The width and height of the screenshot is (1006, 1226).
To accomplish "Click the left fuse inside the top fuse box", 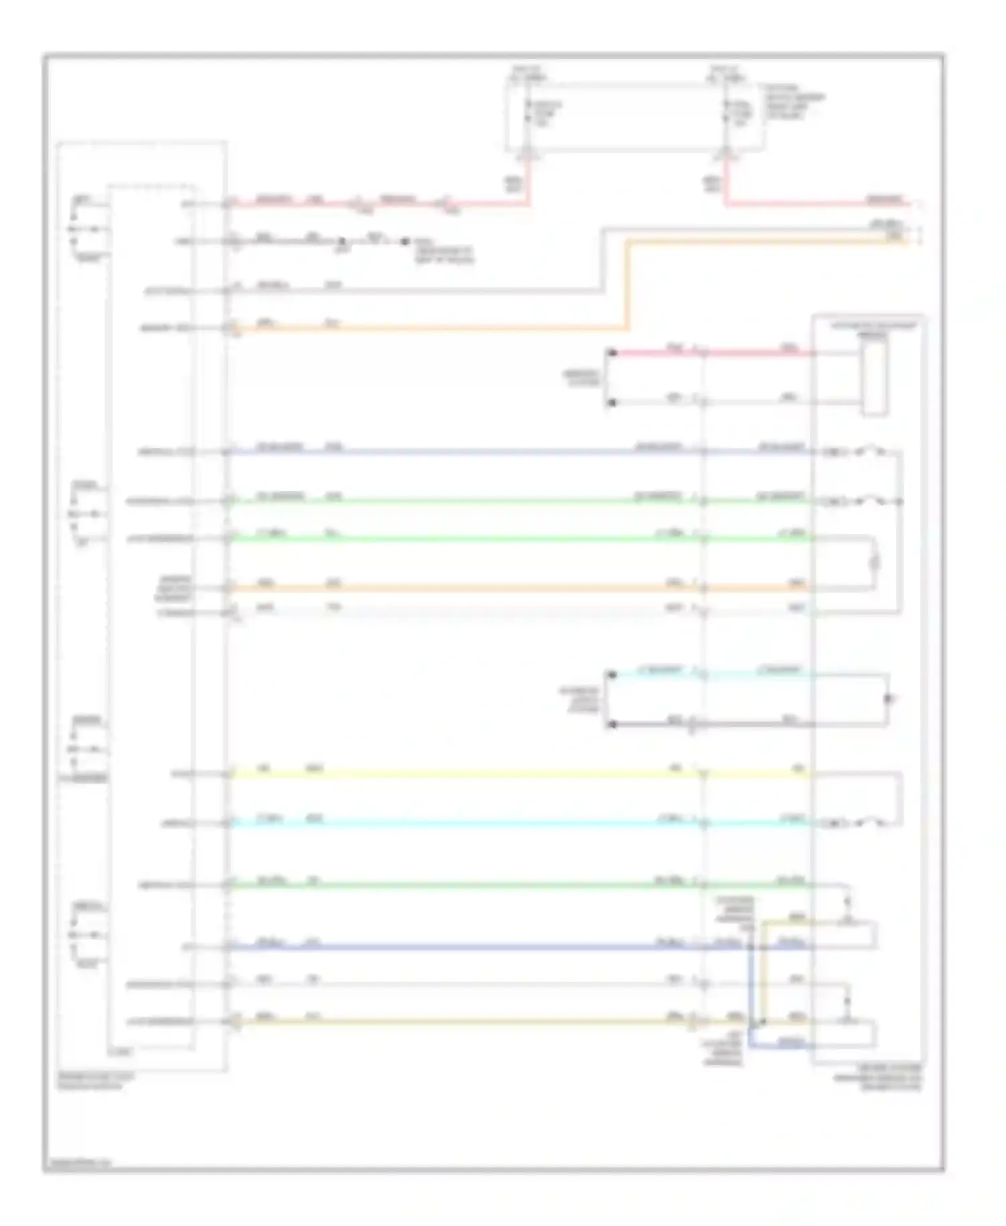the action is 529,114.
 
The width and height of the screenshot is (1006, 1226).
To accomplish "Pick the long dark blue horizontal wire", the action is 469,947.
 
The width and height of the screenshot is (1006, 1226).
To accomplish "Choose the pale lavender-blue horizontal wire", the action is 469,452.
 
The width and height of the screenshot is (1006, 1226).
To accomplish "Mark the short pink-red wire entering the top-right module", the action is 711,353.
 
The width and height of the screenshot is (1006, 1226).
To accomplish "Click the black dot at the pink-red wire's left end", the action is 612,353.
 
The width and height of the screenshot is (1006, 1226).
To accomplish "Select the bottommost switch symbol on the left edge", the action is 87,935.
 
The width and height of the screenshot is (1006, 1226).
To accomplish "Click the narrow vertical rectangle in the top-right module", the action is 873,374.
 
